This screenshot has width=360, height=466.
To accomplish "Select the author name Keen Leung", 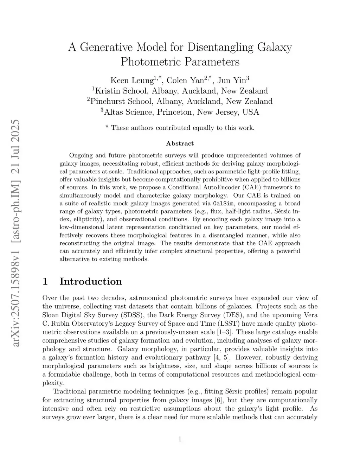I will coord(131,81).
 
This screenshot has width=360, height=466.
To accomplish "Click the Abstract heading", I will coord(180,143).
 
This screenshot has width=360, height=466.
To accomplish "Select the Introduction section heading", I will coord(91,281).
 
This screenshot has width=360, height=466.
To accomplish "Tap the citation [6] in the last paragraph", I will coord(218,400).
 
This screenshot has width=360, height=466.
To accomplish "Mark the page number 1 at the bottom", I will coord(180,439).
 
